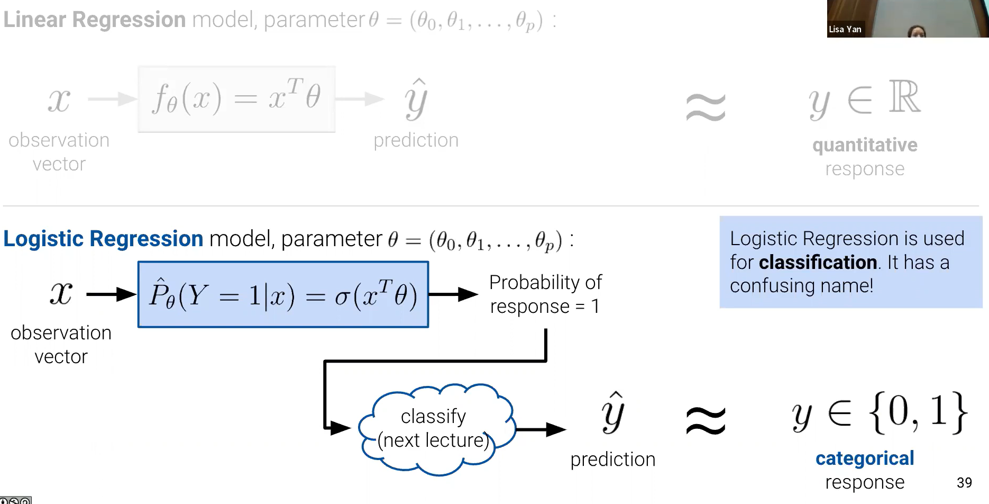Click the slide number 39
click(x=964, y=482)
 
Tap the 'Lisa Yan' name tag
click(x=845, y=29)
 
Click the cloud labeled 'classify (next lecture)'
click(x=434, y=429)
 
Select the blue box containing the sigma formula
click(x=283, y=294)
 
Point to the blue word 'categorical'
click(x=865, y=458)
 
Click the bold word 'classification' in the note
click(x=818, y=262)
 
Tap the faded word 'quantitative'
click(x=865, y=145)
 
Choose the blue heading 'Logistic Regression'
click(x=103, y=239)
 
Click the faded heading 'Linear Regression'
click(x=95, y=20)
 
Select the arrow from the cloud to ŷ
click(x=541, y=429)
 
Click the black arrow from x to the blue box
click(x=111, y=294)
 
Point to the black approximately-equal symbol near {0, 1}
click(x=706, y=421)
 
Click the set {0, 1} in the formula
click(x=918, y=412)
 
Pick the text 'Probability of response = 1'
click(x=545, y=294)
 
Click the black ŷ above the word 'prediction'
click(x=613, y=413)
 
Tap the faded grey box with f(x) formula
click(x=236, y=99)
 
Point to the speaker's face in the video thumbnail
click(x=917, y=31)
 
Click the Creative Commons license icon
click(x=15, y=500)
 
